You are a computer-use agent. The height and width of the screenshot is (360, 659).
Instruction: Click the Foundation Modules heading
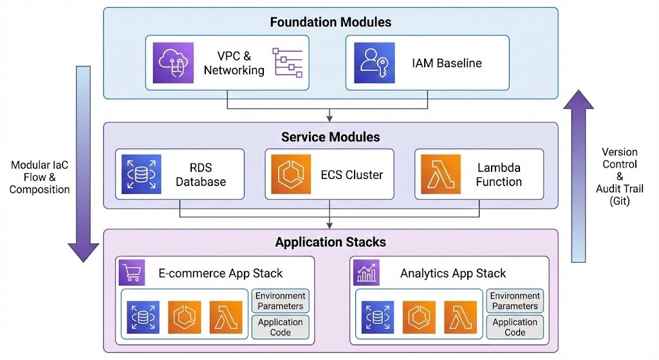pyautogui.click(x=330, y=22)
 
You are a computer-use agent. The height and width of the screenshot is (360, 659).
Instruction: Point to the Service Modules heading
pyautogui.click(x=330, y=137)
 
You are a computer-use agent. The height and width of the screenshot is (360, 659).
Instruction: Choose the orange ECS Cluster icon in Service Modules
pyautogui.click(x=290, y=174)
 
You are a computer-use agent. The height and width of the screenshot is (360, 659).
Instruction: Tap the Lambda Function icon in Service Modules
pyautogui.click(x=440, y=174)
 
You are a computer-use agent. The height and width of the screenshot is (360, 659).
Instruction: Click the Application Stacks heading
pyautogui.click(x=330, y=242)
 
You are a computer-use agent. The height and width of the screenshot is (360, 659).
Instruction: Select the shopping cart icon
pyautogui.click(x=132, y=273)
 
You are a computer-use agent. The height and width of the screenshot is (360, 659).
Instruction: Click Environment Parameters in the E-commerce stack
pyautogui.click(x=280, y=301)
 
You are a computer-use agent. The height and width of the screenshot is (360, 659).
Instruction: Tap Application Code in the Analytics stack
pyautogui.click(x=515, y=327)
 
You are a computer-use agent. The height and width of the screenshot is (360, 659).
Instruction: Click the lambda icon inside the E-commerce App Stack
pyautogui.click(x=226, y=317)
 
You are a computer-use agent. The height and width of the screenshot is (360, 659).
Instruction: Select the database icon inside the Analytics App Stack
pyautogui.click(x=378, y=317)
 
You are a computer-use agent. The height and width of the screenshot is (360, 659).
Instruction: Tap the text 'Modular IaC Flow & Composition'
pyautogui.click(x=40, y=177)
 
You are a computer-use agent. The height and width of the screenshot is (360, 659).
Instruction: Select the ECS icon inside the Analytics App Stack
pyautogui.click(x=419, y=317)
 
